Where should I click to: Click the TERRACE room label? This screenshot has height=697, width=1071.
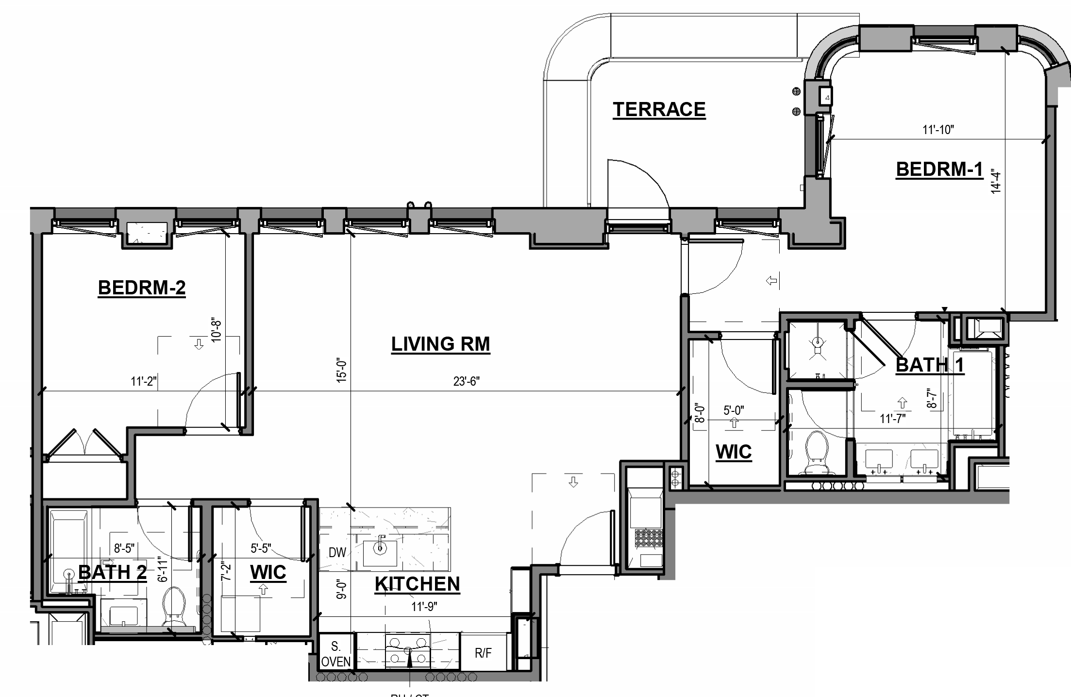[x=659, y=109]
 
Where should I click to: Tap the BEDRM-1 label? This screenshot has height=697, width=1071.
[x=939, y=169]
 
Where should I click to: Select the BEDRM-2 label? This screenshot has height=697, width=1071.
[x=142, y=288]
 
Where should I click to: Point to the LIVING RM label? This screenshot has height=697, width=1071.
[x=440, y=344]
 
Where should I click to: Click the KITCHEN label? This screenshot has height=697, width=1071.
[x=417, y=584]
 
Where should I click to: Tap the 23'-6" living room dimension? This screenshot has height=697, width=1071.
[x=466, y=381]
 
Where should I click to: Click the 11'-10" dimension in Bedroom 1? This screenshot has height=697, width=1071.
[x=938, y=130]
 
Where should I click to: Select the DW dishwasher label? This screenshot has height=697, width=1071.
[x=337, y=552]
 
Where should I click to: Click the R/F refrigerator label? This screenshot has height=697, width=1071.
[x=483, y=653]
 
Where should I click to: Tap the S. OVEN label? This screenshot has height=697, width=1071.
[x=335, y=654]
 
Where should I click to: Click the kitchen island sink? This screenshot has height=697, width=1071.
[x=380, y=548]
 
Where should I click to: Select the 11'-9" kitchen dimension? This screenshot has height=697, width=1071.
[x=424, y=607]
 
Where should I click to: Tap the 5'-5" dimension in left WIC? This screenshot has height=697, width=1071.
[x=260, y=549]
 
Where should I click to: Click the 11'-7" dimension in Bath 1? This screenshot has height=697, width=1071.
[x=892, y=418]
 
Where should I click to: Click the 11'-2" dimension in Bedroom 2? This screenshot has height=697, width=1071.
[x=143, y=381]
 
